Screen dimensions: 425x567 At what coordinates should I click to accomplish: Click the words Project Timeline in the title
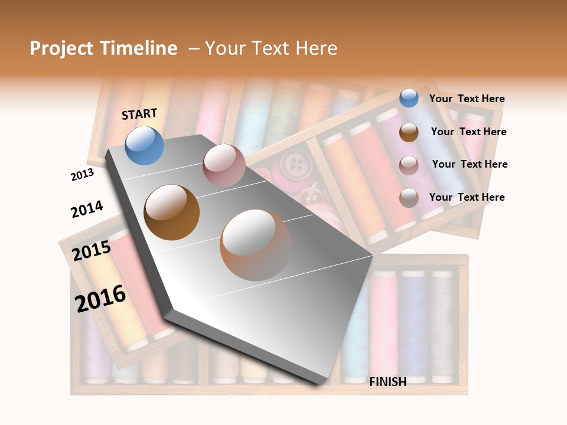tap(103, 48)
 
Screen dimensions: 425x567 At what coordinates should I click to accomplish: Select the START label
tap(139, 114)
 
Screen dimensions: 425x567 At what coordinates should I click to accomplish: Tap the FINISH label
tap(387, 382)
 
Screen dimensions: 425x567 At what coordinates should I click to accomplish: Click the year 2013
tap(82, 175)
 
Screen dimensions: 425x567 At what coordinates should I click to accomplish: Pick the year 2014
tap(87, 209)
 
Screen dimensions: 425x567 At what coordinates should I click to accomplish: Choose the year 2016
tap(100, 299)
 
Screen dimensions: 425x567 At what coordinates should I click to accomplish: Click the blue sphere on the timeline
tap(145, 146)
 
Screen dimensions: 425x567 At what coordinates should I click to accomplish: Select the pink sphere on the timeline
tap(224, 165)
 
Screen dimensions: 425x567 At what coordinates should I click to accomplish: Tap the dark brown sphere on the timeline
tap(172, 212)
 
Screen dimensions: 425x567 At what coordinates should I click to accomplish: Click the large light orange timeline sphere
tap(256, 244)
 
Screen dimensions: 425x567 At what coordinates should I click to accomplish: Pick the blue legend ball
tap(409, 99)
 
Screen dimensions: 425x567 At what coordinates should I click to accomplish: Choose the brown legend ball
tap(409, 132)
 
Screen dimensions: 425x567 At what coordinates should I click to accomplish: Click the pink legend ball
tap(409, 165)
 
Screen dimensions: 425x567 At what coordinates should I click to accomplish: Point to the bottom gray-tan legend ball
tap(409, 198)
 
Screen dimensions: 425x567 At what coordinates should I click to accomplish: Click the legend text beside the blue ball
tap(467, 99)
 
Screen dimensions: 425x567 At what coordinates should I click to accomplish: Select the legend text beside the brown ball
tap(468, 132)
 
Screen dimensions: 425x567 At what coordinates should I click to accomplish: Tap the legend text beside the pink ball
tap(470, 164)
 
